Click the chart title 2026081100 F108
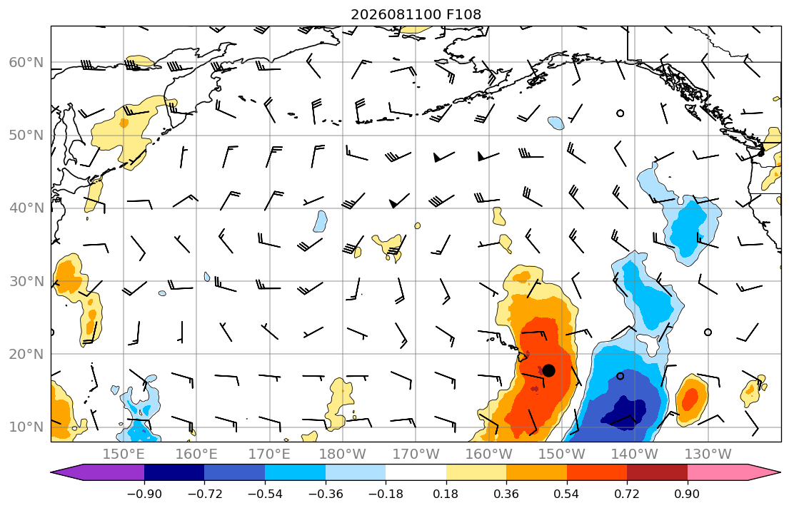(416, 14)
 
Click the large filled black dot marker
(548, 371)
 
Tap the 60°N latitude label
(26, 62)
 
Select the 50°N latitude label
(26, 136)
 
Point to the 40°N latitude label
(26, 208)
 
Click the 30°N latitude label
(26, 281)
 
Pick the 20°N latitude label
(26, 354)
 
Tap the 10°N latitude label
(26, 427)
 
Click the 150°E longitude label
(124, 454)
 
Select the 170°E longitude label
(270, 454)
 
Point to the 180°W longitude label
(343, 454)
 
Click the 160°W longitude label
(488, 454)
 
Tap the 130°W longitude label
(708, 454)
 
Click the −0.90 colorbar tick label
(144, 494)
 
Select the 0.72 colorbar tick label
(627, 494)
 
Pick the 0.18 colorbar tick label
(446, 494)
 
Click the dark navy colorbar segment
(174, 472)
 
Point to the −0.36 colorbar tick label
(326, 494)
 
